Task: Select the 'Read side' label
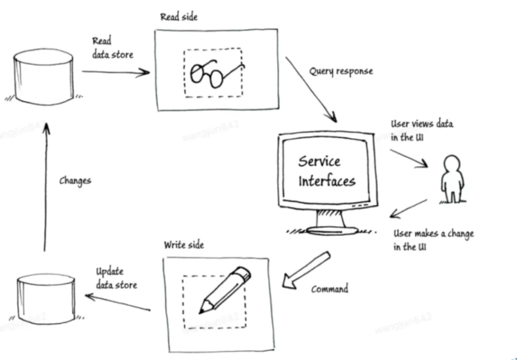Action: pyautogui.click(x=179, y=17)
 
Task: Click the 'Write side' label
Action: pyautogui.click(x=184, y=245)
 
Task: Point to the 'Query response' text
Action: pyautogui.click(x=341, y=71)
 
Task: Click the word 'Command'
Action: pyautogui.click(x=330, y=289)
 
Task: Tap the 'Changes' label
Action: pyautogui.click(x=75, y=180)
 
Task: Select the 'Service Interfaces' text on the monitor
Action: pyautogui.click(x=326, y=171)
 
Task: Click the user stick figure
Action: pyautogui.click(x=451, y=179)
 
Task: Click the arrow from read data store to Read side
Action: pyautogui.click(x=116, y=72)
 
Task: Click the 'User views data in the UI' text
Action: pyautogui.click(x=422, y=130)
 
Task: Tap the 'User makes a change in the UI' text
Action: pyautogui.click(x=433, y=240)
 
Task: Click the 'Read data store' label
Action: pyautogui.click(x=112, y=48)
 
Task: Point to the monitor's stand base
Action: pyautogui.click(x=331, y=230)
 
